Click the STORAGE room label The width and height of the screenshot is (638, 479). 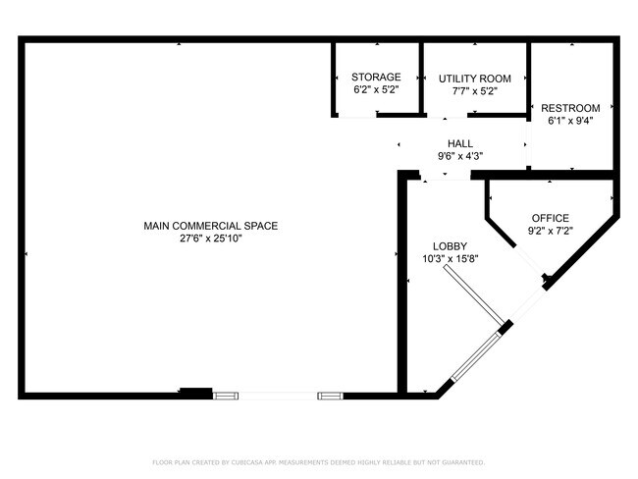pos(376,77)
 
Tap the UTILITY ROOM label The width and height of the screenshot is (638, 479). pos(474,79)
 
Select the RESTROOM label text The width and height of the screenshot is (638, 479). pos(570,108)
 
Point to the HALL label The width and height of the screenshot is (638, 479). pos(460,143)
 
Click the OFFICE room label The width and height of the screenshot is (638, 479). pos(550,218)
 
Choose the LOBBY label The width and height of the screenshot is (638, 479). pos(450,246)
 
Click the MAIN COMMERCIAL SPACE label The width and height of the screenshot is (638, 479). pos(211,226)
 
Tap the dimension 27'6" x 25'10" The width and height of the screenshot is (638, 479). pos(211,239)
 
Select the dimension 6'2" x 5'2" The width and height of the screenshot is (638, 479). pos(376,89)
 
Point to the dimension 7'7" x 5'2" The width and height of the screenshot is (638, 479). pos(475,91)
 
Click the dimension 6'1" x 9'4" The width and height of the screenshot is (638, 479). pos(570,121)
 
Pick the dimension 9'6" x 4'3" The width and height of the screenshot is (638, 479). pos(460,156)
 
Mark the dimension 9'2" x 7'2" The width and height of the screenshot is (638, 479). pos(550,231)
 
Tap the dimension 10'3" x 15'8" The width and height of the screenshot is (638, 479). pos(450,259)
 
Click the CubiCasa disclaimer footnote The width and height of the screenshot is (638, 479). pos(319,462)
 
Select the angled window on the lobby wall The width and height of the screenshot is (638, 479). pos(475,357)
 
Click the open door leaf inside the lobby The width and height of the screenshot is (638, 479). pos(474,294)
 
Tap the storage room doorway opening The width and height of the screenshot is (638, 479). pos(357,116)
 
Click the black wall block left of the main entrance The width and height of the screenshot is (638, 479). pos(196,392)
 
